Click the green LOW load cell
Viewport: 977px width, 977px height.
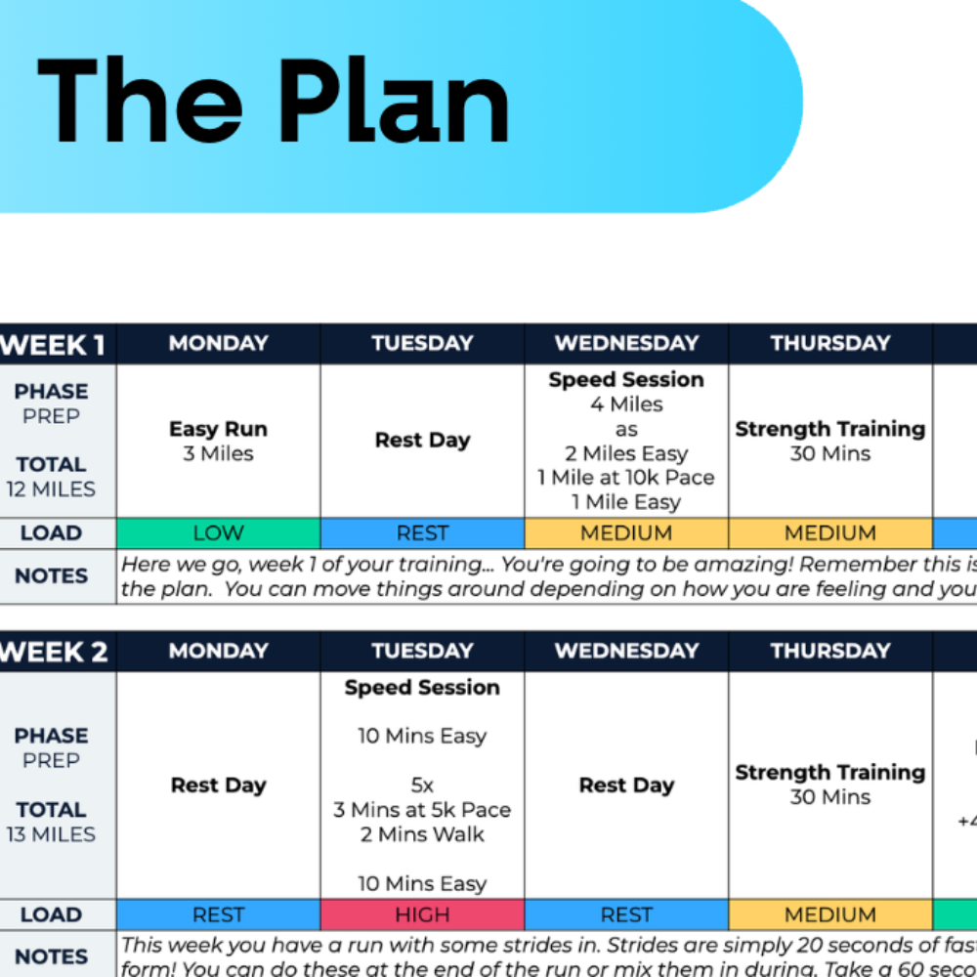coord(218,533)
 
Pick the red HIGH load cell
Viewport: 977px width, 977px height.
coord(422,915)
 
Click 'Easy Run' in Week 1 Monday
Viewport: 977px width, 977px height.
coord(218,429)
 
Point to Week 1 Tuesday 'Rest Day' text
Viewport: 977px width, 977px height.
coord(422,441)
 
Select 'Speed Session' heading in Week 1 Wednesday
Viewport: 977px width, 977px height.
coord(626,380)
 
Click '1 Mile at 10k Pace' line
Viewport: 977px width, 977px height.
coord(626,478)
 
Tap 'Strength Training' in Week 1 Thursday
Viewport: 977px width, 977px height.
coord(829,429)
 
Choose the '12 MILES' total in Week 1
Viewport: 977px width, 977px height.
coord(51,489)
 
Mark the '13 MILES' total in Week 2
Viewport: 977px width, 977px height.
coord(51,834)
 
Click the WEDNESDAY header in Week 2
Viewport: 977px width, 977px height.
coord(626,652)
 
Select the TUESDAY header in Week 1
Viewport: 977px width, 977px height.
coord(422,344)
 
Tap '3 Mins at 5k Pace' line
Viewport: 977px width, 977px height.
coord(422,810)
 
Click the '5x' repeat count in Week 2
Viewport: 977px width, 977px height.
coord(422,785)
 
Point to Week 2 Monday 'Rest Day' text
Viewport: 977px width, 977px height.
coord(218,786)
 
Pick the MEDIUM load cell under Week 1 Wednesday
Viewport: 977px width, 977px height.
coord(626,533)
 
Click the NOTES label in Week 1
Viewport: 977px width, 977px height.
coord(51,576)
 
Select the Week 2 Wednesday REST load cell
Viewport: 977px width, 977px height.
coord(626,915)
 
